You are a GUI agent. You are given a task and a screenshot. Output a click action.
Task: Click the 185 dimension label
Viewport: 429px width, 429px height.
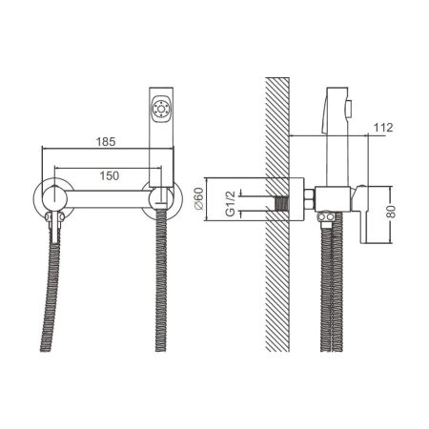[106, 142]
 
